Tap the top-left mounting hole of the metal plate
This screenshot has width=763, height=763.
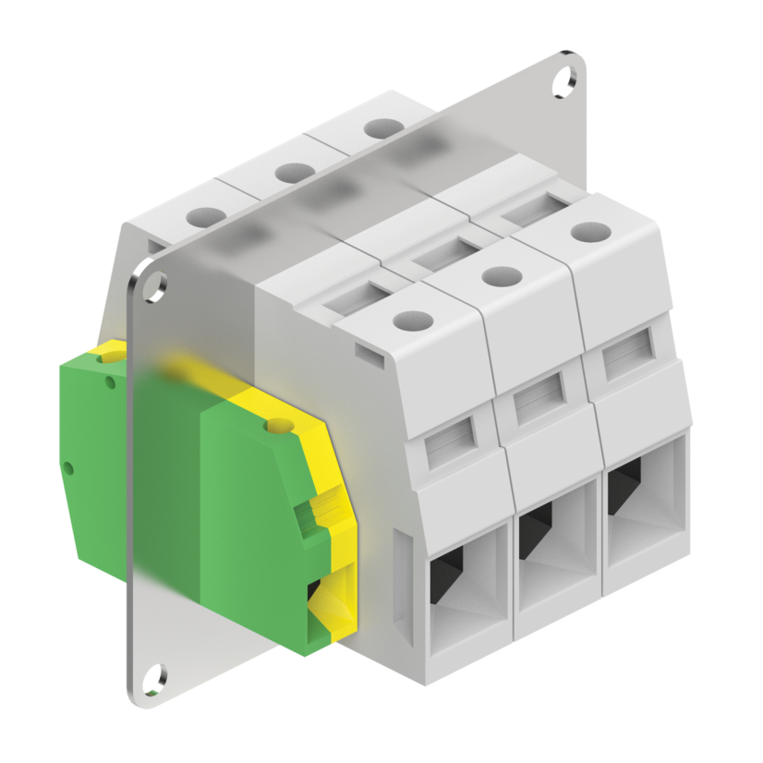tap(151, 287)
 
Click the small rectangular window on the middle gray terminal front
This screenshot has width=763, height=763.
tap(538, 399)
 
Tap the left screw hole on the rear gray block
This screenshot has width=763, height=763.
tap(206, 217)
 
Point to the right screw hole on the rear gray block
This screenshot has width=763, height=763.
tap(378, 128)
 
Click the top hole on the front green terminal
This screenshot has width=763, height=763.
tap(273, 427)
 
